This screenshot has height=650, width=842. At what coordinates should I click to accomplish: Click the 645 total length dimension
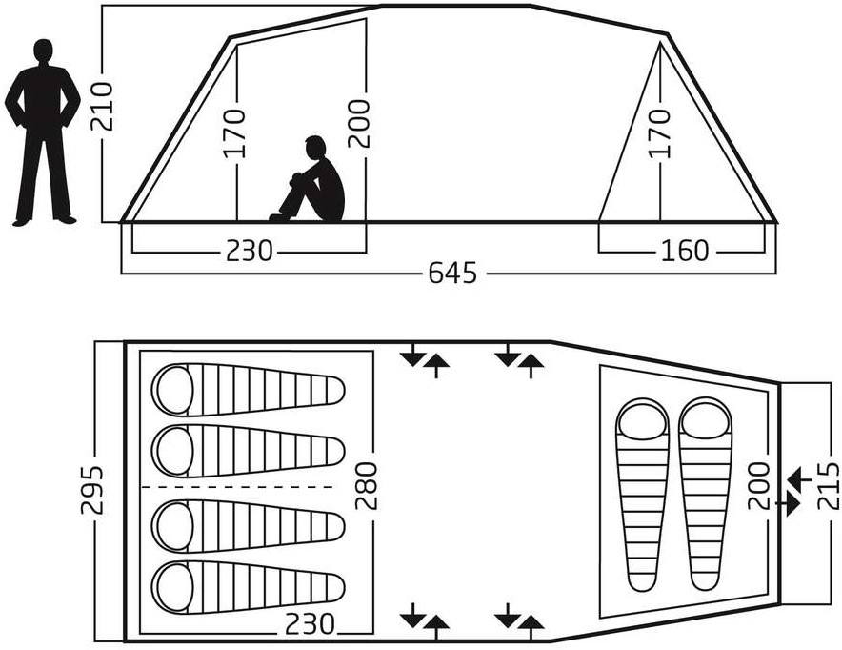pos(452,273)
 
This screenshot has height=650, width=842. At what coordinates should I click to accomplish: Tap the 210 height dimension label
pos(102,107)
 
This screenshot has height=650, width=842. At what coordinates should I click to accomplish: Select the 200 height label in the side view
pos(359,124)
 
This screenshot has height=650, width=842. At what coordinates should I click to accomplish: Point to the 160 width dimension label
pos(684,251)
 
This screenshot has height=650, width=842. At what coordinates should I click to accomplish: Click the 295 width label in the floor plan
pos(91,490)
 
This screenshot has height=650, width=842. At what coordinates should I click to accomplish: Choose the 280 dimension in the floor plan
pos(366,486)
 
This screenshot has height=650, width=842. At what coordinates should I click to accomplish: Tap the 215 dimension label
pos(828,486)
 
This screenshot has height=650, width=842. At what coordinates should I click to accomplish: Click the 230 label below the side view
pos(250,251)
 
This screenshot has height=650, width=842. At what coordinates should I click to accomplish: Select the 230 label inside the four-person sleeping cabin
pos(310,624)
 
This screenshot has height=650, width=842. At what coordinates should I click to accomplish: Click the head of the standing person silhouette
pos(44,51)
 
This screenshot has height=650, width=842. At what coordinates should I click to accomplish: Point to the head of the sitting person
pos(314,148)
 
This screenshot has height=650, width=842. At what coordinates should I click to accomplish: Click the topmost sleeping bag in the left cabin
pos(248,390)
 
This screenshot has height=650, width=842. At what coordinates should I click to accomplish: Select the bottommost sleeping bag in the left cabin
pos(248,586)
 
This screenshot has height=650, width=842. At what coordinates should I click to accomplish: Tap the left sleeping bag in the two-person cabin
pos(643,495)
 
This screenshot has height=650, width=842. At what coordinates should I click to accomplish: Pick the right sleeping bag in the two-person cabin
pos(705,494)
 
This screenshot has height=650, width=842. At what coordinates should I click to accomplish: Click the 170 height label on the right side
pos(660,133)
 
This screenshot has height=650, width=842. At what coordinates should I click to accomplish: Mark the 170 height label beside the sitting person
pos(234,133)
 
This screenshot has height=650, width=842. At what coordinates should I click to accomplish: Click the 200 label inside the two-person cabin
pos(759,486)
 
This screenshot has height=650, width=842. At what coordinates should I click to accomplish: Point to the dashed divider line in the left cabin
pos(237,487)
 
